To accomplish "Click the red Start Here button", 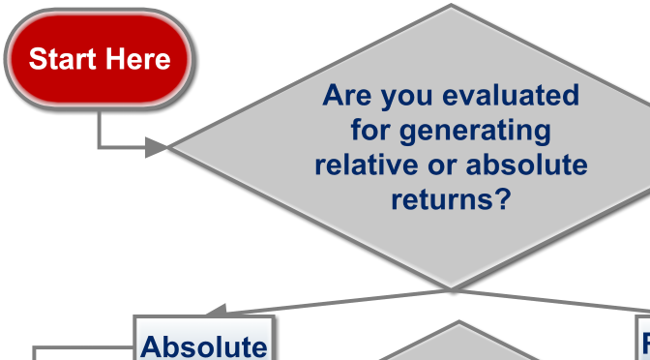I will [100, 59].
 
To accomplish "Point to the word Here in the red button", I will [138, 59].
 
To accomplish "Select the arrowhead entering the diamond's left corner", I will [157, 147].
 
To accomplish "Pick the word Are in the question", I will [346, 96].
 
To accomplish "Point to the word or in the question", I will [444, 165].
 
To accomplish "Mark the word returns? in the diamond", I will [451, 199].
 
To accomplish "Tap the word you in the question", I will [406, 96].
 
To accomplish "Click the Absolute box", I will [203, 344].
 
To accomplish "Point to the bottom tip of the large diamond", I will [451, 286].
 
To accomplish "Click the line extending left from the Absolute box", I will [82, 347].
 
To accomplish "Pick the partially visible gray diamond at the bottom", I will [455, 344].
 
